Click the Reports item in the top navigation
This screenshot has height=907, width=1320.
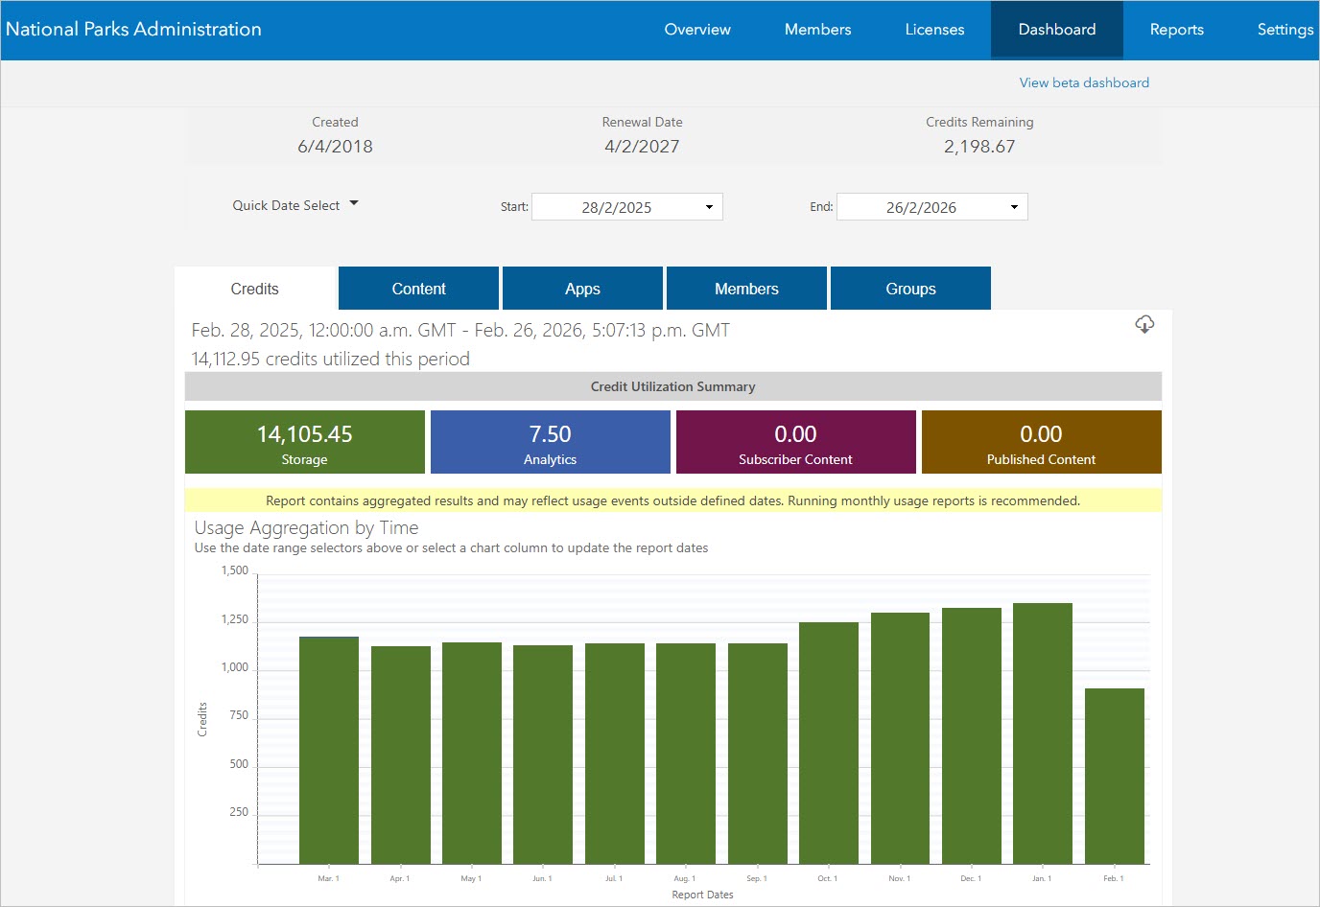(1176, 30)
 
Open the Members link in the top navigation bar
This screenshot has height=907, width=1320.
(817, 30)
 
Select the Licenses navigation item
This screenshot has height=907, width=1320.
(934, 30)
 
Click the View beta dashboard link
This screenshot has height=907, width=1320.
(1084, 82)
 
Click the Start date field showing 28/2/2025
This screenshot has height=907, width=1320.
(626, 207)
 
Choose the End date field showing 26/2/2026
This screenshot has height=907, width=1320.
(931, 207)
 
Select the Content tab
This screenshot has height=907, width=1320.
(418, 289)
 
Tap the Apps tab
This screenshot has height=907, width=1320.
(582, 289)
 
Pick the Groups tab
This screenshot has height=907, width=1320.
(910, 289)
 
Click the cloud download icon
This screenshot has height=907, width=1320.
(1144, 324)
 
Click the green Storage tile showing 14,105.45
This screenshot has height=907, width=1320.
(305, 442)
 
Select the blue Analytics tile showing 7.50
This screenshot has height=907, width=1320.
(551, 442)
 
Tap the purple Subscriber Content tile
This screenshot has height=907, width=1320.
(796, 442)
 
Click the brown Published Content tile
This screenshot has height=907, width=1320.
(1042, 442)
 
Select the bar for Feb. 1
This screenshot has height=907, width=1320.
(1115, 777)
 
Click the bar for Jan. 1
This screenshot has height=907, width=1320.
(1043, 733)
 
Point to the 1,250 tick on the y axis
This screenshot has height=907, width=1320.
(235, 619)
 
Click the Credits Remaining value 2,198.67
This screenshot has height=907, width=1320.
(979, 147)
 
